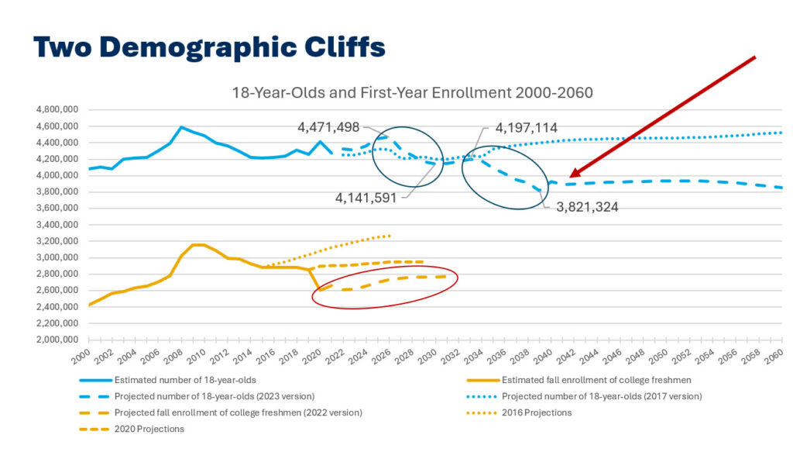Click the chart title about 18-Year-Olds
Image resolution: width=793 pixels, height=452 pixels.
[x=413, y=92]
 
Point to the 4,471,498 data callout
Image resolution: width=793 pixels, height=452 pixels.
[x=328, y=127]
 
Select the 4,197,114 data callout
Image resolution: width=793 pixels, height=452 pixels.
[x=527, y=127]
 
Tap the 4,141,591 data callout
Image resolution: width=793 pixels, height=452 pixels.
[x=366, y=198]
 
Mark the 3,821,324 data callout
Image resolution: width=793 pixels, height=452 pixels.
[x=587, y=207]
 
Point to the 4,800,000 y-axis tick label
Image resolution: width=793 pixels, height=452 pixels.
[x=60, y=109]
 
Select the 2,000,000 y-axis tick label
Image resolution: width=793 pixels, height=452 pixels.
[x=60, y=340]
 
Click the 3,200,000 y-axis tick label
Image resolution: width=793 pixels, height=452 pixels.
[x=60, y=241]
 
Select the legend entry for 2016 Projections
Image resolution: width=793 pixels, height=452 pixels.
[x=537, y=412]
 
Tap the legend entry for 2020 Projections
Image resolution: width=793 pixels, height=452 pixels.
[x=149, y=429]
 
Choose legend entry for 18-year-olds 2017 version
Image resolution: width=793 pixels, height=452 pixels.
[x=602, y=396]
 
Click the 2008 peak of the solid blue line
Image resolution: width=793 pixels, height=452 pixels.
[x=181, y=127]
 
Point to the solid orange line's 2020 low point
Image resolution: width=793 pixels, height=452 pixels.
[x=320, y=290]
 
